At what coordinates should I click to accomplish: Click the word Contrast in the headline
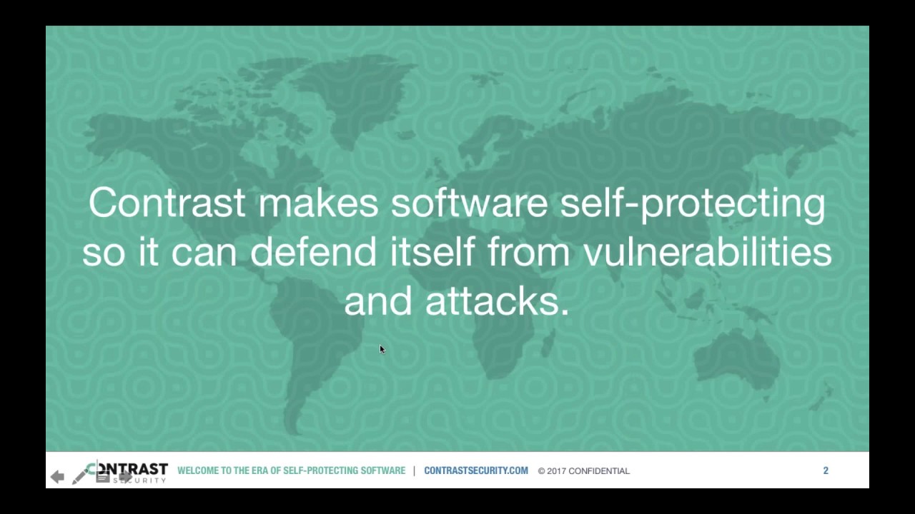(x=167, y=203)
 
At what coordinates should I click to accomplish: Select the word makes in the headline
(x=318, y=203)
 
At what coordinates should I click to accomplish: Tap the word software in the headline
(x=469, y=203)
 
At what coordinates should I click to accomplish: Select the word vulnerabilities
(x=708, y=252)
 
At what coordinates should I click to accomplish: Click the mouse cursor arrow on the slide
(x=382, y=348)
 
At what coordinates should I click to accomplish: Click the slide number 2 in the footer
(x=826, y=470)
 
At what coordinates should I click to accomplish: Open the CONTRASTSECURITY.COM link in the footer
(x=476, y=470)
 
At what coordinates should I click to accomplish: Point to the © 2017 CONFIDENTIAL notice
(x=584, y=471)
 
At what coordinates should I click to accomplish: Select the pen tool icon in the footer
(x=79, y=475)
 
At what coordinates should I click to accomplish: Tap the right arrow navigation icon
(x=126, y=476)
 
